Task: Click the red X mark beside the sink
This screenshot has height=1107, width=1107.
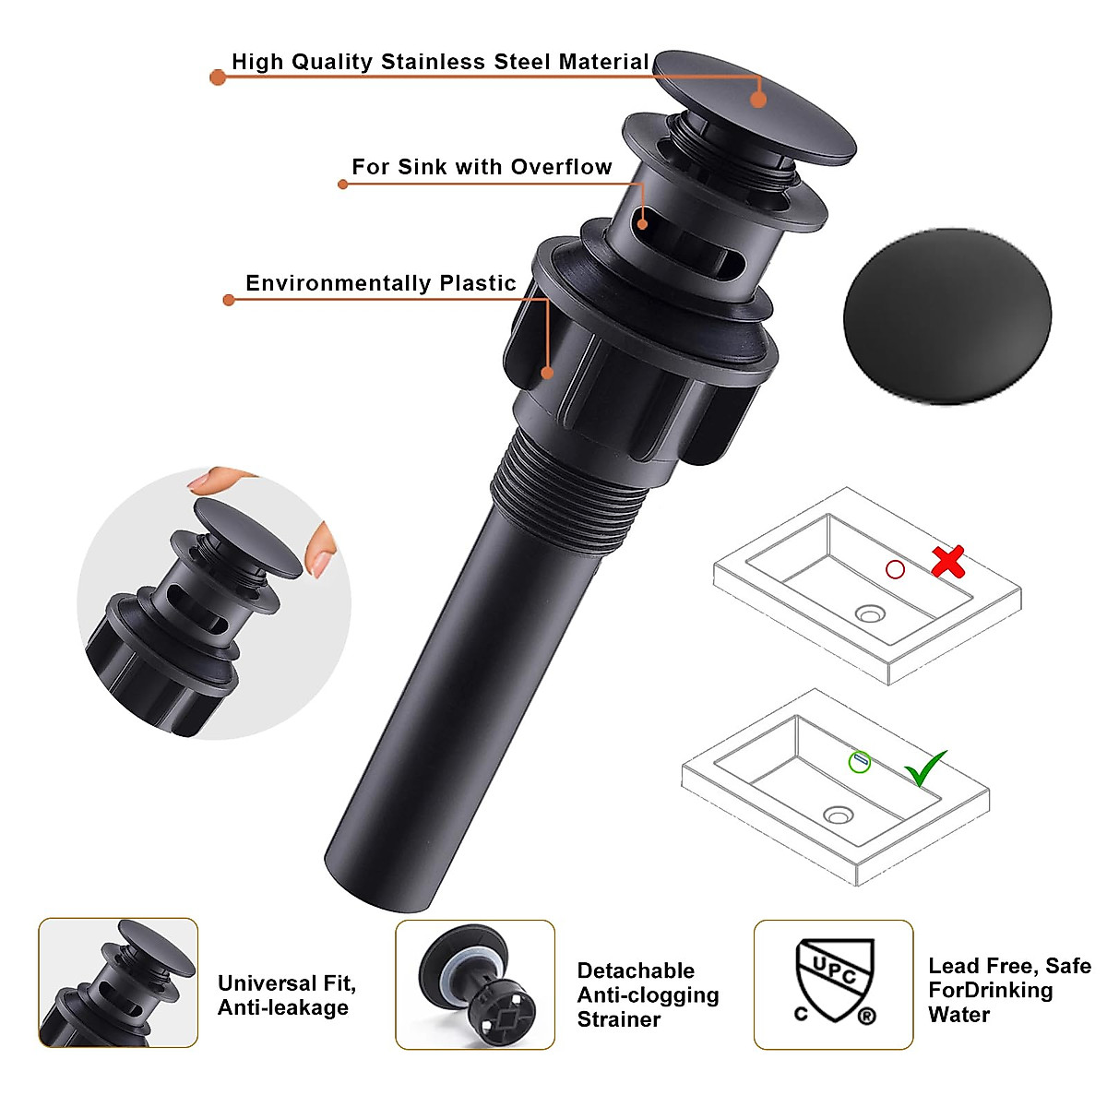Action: click(x=947, y=561)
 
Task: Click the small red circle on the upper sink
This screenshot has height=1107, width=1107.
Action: click(x=895, y=569)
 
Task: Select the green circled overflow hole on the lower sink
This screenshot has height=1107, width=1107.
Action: click(x=860, y=762)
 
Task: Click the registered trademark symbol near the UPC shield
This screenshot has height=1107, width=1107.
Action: click(x=866, y=1017)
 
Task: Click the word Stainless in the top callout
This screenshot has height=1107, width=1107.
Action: click(x=434, y=62)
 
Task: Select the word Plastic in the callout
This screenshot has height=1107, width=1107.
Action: click(x=477, y=283)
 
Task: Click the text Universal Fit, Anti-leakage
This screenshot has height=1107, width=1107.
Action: click(x=286, y=995)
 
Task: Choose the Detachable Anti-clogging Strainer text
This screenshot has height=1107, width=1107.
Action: click(x=647, y=994)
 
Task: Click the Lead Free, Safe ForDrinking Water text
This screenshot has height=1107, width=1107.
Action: click(x=1008, y=990)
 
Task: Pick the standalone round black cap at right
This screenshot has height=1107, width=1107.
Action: click(x=946, y=315)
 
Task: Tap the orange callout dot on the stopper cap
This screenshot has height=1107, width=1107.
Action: click(x=758, y=100)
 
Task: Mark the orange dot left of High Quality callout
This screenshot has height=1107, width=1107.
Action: click(x=218, y=77)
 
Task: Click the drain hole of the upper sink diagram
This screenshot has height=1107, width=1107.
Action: click(x=869, y=613)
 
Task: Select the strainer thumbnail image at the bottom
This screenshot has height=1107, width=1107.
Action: click(x=475, y=984)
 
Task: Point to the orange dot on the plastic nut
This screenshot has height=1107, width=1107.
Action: click(x=547, y=373)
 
